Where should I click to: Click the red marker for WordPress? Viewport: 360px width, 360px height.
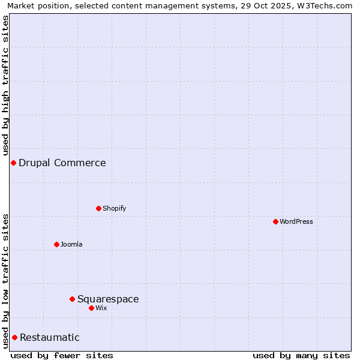pyautogui.click(x=275, y=221)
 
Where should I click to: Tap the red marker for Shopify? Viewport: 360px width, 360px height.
pyautogui.click(x=98, y=208)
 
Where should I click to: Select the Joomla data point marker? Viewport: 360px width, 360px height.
pyautogui.click(x=56, y=244)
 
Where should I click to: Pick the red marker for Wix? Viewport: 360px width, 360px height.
pyautogui.click(x=91, y=308)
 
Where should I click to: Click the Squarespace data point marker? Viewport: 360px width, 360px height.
pyautogui.click(x=72, y=299)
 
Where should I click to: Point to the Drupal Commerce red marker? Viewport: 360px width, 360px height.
pyautogui.click(x=13, y=163)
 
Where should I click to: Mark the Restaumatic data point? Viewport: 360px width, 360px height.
pyautogui.click(x=14, y=337)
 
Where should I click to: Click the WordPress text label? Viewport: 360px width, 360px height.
pyautogui.click(x=296, y=221)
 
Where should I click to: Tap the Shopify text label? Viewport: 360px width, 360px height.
pyautogui.click(x=115, y=208)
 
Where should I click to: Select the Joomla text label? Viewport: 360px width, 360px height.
pyautogui.click(x=71, y=244)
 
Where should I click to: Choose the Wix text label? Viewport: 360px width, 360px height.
pyautogui.click(x=101, y=308)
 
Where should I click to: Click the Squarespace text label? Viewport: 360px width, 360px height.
pyautogui.click(x=108, y=299)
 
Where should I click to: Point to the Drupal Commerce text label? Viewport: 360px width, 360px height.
pyautogui.click(x=62, y=163)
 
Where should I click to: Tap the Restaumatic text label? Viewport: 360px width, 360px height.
pyautogui.click(x=50, y=337)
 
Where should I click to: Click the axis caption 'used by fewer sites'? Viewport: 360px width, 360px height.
pyautogui.click(x=62, y=355)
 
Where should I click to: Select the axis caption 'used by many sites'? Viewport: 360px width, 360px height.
pyautogui.click(x=301, y=355)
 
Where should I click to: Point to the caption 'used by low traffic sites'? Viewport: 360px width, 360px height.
pyautogui.click(x=5, y=281)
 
